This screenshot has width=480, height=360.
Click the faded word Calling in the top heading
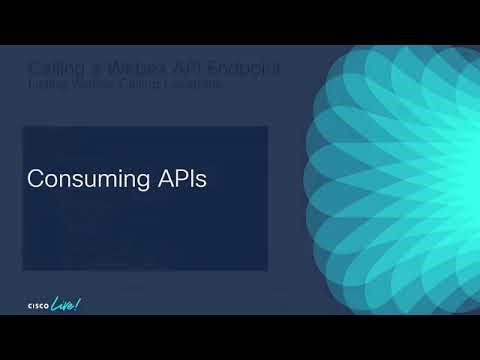[56, 68]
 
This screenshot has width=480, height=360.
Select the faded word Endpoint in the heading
[240, 68]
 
